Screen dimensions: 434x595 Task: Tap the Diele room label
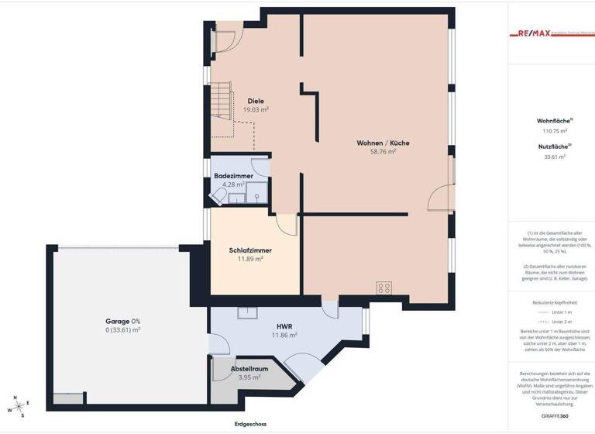tap(256, 102)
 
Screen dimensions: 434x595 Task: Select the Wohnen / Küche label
tap(383, 143)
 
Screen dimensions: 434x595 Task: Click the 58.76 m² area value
tap(383, 152)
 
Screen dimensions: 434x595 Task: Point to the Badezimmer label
tap(233, 176)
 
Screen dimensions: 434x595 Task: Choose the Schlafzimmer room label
tap(250, 250)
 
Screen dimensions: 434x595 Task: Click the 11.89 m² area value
tap(250, 259)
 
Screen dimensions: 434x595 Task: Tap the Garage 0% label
tap(123, 321)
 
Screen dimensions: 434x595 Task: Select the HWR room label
tap(284, 326)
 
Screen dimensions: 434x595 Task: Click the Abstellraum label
tap(249, 369)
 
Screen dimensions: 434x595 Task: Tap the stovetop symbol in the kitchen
tap(383, 288)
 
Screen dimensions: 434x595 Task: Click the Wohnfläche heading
tap(554, 121)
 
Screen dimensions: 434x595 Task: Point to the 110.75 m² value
tap(554, 132)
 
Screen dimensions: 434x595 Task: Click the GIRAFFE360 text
tap(554, 416)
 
